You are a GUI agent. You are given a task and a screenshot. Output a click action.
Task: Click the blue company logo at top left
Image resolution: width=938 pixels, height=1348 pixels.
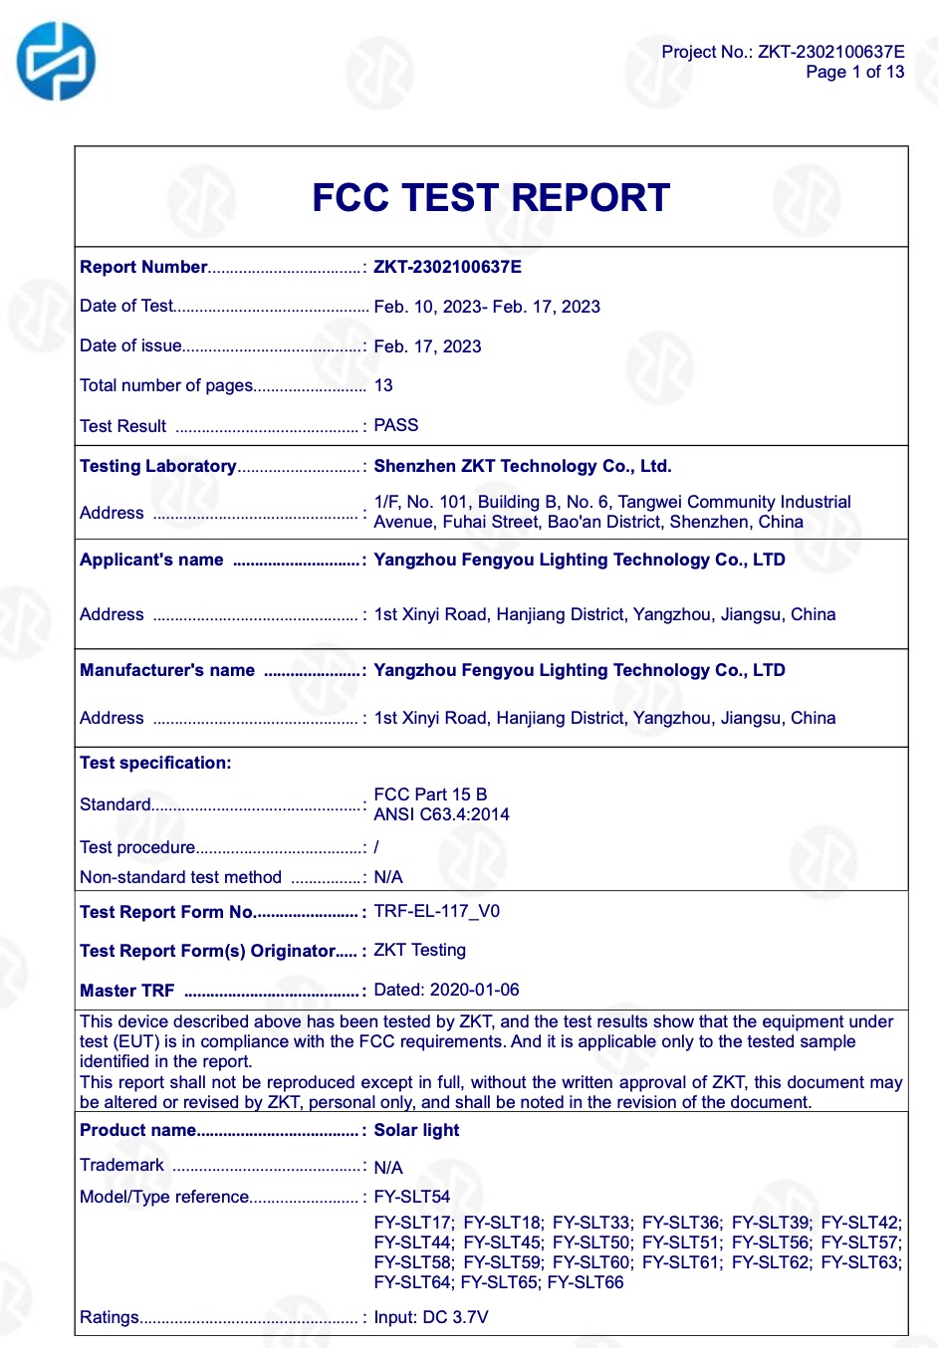[x=56, y=62]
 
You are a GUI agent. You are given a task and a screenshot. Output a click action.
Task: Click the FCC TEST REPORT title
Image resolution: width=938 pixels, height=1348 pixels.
[x=491, y=197]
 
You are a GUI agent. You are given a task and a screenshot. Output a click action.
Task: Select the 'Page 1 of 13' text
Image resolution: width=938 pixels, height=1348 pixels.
[x=854, y=72]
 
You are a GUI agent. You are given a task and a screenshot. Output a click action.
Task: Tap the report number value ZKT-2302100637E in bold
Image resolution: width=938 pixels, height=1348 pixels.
[x=447, y=267]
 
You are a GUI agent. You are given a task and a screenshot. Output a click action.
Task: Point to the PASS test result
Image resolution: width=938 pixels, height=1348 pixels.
[x=395, y=425]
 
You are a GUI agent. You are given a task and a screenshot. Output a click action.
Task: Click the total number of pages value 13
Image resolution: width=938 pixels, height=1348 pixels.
[x=383, y=385]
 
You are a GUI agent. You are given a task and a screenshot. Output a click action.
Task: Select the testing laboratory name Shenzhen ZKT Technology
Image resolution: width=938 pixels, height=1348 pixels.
[x=522, y=466]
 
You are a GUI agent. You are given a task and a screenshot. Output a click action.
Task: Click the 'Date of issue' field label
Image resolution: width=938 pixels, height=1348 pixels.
[x=130, y=345]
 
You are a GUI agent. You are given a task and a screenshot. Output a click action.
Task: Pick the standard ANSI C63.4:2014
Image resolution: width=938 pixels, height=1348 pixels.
[x=441, y=814]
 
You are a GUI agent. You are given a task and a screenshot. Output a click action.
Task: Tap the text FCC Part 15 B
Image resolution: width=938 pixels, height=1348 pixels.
[x=430, y=794]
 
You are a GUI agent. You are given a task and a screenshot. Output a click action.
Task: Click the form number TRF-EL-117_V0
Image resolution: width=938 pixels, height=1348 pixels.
[x=436, y=911]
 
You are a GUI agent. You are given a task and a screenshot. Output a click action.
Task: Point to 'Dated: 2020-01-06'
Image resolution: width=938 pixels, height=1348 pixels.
[x=446, y=990]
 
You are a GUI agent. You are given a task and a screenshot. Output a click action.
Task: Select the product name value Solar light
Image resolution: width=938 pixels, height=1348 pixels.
[x=416, y=1130]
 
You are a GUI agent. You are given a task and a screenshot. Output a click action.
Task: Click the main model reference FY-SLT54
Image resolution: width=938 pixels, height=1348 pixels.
[x=411, y=1197]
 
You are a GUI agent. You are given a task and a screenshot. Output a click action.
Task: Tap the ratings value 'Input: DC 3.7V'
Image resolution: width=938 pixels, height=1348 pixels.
[x=430, y=1317]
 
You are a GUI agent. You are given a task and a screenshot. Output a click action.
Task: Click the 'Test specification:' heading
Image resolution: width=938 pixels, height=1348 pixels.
[x=155, y=763]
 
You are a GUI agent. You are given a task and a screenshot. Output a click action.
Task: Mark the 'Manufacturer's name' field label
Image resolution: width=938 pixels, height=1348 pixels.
[x=167, y=670]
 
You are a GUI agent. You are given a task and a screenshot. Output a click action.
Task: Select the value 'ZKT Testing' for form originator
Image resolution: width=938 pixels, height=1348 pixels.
[x=419, y=950]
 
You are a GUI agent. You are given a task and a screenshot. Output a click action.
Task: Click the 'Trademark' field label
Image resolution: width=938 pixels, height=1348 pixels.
[x=121, y=1165]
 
